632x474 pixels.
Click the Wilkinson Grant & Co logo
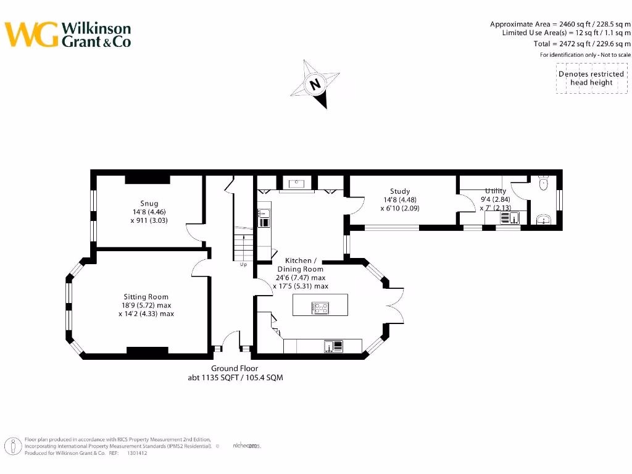pyautogui.click(x=68, y=35)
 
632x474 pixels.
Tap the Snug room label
pyautogui.click(x=149, y=203)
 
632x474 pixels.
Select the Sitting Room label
pyautogui.click(x=146, y=297)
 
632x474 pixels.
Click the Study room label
pyautogui.click(x=400, y=191)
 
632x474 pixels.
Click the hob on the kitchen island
pyautogui.click(x=321, y=307)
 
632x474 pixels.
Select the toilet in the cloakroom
pyautogui.click(x=544, y=182)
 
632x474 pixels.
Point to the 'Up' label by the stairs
pyautogui.click(x=244, y=265)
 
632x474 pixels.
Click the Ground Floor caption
pyautogui.click(x=235, y=368)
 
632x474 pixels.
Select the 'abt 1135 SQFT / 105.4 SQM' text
pyautogui.click(x=235, y=378)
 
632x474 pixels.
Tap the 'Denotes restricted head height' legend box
pyautogui.click(x=591, y=78)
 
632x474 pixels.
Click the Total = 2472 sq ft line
pyautogui.click(x=582, y=44)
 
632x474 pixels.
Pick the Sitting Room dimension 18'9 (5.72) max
pyautogui.click(x=146, y=306)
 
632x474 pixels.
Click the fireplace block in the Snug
pyautogui.click(x=148, y=180)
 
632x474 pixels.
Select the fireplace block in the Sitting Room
pyautogui.click(x=148, y=351)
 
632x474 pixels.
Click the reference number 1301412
pyautogui.click(x=137, y=453)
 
